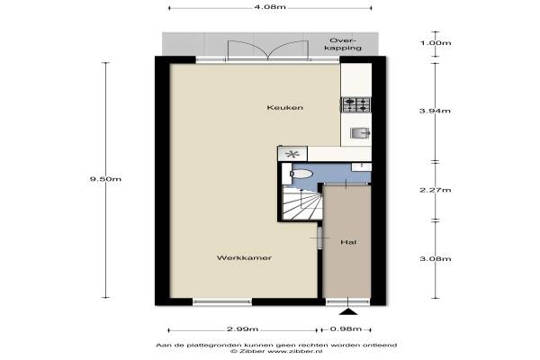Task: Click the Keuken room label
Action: [x=284, y=107]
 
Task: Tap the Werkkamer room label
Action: [x=244, y=257]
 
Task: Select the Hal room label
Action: [x=348, y=242]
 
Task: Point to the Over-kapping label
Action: [x=343, y=44]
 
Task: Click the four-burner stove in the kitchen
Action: [x=356, y=105]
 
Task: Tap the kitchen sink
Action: [x=360, y=132]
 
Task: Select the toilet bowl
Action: [x=301, y=174]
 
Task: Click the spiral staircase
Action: [x=302, y=202]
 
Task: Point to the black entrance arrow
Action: [x=348, y=311]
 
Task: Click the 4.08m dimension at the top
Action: [x=270, y=7]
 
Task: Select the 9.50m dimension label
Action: [x=105, y=179]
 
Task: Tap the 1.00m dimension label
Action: [x=436, y=43]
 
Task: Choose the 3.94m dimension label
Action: [x=436, y=111]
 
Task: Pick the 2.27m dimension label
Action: [x=436, y=190]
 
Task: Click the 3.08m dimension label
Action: [x=436, y=258]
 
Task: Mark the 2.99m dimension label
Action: [x=242, y=329]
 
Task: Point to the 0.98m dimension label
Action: [x=346, y=329]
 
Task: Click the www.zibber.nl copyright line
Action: [x=276, y=351]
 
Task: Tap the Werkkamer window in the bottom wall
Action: [x=222, y=302]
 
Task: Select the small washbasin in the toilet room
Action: [x=361, y=167]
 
